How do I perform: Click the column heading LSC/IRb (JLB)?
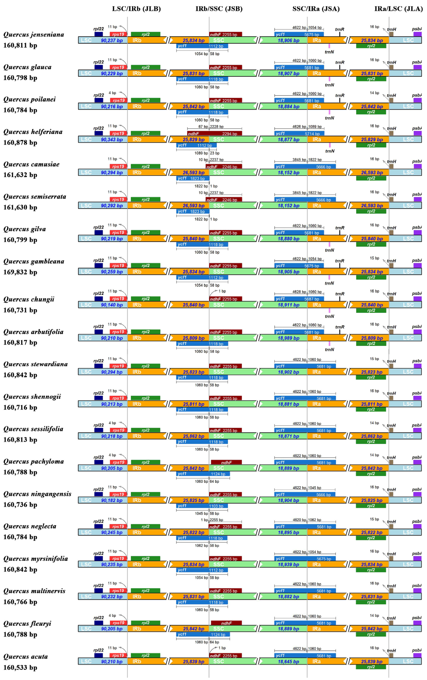tap(136, 9)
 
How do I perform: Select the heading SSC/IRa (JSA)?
tap(316, 9)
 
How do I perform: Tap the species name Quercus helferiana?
tap(33, 132)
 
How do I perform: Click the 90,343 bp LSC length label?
tap(112, 140)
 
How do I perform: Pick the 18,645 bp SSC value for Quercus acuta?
tap(288, 661)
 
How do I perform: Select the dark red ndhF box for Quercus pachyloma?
tap(226, 462)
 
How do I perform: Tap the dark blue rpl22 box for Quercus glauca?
tap(99, 67)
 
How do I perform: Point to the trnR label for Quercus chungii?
tap(340, 294)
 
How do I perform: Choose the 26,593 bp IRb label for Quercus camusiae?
tap(194, 173)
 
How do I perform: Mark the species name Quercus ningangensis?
tap(37, 494)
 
